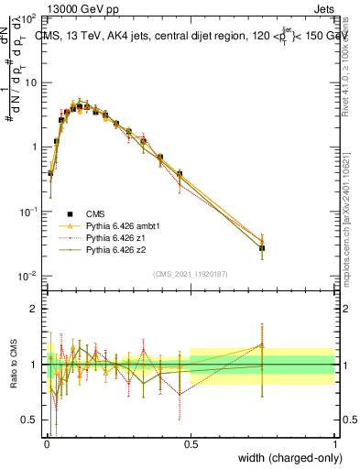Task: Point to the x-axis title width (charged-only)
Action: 287,458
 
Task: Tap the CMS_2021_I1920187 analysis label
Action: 190,274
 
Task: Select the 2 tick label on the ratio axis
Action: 34,309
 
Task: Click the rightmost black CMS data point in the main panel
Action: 262,248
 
